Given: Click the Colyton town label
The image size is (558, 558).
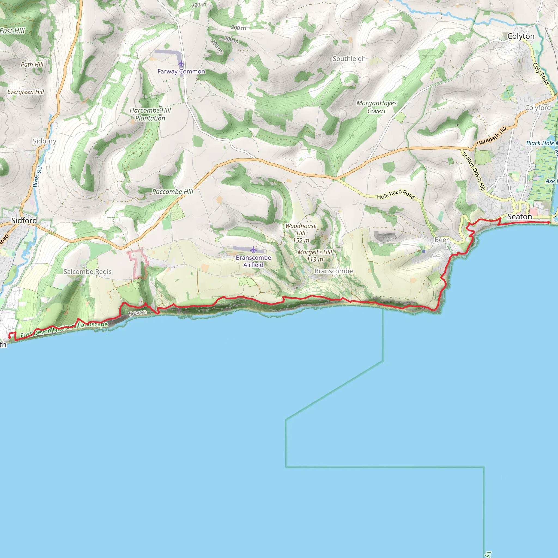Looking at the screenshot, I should pos(521,36).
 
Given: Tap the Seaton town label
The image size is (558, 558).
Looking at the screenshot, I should pos(520,217).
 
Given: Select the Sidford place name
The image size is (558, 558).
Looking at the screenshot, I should pos(24,220).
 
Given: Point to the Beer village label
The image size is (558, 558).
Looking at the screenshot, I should pos(442,240).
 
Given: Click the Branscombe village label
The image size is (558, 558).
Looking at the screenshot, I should pos(333,271).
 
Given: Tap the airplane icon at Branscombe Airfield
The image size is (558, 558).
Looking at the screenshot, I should pos(253,249).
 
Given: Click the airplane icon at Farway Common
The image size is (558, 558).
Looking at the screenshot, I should pos(181,63).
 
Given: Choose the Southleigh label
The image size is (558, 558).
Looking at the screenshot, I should pos(349,59).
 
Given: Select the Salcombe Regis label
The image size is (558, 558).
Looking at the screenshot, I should pos(87,271).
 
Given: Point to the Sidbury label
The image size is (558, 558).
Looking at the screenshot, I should pos(44,141).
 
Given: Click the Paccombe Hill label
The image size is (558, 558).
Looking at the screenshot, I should pos(173,192).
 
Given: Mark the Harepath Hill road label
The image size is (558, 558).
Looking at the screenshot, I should pos(491,136).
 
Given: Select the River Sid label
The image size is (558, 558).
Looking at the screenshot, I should pos(38,177).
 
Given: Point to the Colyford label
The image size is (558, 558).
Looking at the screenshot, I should pos(538,107).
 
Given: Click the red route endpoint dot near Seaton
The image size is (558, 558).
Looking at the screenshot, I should pos(548,222).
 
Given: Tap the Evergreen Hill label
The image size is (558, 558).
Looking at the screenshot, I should pos(26,92).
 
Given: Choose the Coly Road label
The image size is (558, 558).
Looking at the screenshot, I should pos(541,74).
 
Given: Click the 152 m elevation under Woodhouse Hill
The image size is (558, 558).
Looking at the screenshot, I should pos(301,240).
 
